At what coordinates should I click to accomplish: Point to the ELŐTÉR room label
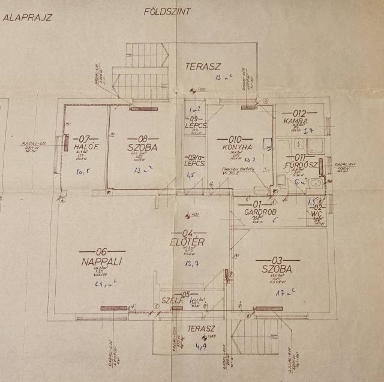(x=188, y=242)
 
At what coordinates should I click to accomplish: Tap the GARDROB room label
(x=259, y=212)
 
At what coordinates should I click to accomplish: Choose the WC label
(x=317, y=212)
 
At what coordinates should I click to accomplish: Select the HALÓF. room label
(x=82, y=148)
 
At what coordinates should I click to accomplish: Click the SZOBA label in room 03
(x=276, y=269)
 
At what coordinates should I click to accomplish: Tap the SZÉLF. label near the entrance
(x=171, y=300)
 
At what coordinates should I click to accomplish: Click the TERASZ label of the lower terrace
(x=200, y=329)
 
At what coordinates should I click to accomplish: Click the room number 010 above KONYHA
(x=236, y=137)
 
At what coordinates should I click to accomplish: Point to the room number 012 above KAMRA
(x=299, y=112)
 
